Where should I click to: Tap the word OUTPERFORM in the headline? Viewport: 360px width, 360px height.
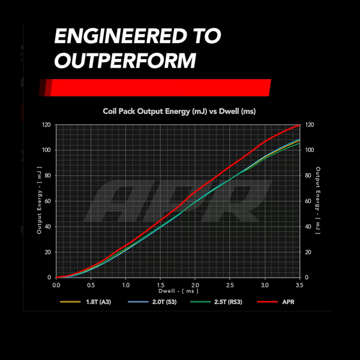point(125,61)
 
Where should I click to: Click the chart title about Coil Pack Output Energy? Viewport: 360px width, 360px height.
point(179,111)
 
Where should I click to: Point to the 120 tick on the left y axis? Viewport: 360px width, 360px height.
point(47,125)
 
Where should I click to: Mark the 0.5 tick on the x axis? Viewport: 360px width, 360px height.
point(91,286)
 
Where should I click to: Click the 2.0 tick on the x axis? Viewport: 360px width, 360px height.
point(195,286)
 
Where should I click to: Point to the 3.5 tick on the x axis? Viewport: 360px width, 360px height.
point(299,286)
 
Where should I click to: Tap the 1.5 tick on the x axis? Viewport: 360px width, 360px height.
point(160,286)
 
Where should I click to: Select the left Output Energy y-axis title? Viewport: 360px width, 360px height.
point(38,202)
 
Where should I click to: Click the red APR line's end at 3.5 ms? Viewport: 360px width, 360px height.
point(299,125)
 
